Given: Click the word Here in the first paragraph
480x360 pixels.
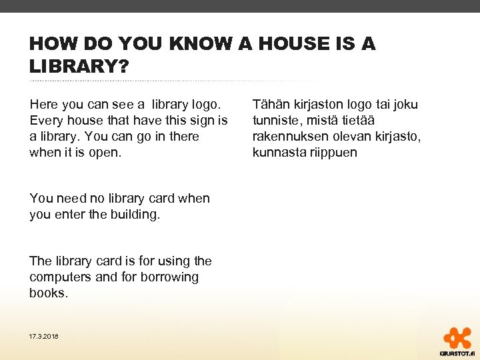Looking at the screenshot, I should [43, 105].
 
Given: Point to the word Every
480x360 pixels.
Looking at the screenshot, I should [46, 121].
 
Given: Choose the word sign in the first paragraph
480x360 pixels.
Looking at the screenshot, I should [204, 121].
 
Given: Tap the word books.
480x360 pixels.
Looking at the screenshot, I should [48, 293].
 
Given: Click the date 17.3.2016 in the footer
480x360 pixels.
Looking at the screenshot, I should [43, 337].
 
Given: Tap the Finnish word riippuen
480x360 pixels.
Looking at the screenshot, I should [333, 153].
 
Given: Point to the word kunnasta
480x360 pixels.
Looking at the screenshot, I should [277, 153].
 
